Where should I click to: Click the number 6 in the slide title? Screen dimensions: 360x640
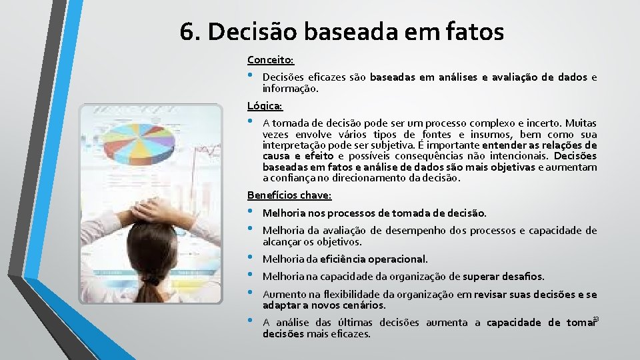[x=187, y=31]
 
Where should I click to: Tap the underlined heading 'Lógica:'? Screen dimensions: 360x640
[x=265, y=105]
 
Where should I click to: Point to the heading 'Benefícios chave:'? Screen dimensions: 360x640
[x=289, y=195]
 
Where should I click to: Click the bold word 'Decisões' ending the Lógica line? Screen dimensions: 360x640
[x=575, y=156]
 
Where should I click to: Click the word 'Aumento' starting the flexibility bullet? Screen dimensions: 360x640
[x=282, y=294]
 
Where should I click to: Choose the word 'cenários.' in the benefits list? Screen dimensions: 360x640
[x=364, y=305]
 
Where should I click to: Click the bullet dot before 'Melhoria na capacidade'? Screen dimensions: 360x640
[x=250, y=275]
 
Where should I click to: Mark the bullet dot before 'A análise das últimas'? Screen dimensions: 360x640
[x=250, y=321]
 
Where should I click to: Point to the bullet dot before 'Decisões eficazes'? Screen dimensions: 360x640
[x=250, y=76]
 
